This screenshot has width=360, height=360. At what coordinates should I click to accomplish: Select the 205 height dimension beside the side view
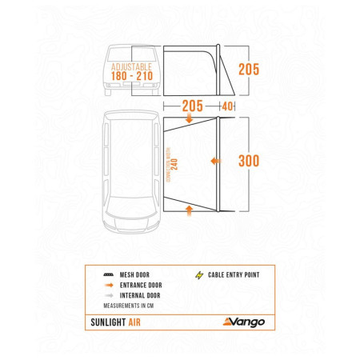click(x=250, y=69)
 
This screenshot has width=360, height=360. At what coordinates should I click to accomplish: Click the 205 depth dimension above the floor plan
click(x=192, y=106)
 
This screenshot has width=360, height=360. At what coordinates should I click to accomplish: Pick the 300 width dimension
click(x=250, y=160)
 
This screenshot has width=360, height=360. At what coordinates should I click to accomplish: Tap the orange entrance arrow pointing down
click(x=189, y=119)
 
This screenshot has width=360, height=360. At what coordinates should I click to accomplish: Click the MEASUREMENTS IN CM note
click(x=134, y=306)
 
